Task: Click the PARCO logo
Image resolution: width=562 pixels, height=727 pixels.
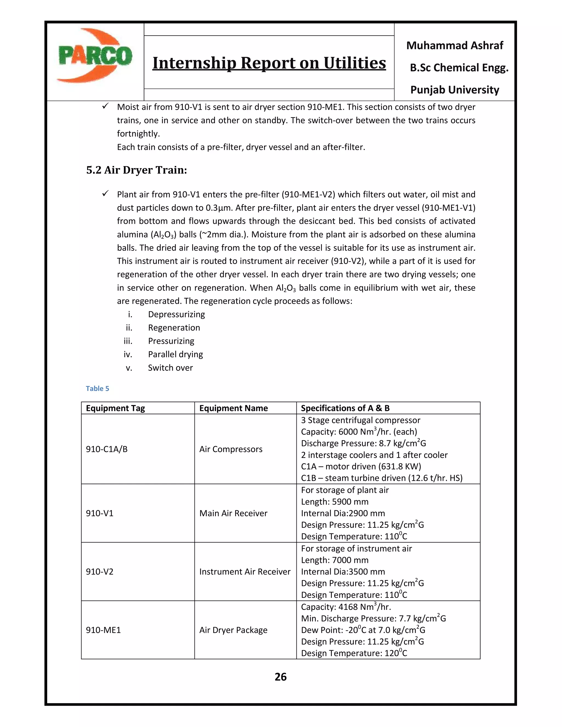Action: (95, 56)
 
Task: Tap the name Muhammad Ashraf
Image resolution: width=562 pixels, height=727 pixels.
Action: (454, 45)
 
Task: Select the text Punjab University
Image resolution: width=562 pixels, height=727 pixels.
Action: (454, 90)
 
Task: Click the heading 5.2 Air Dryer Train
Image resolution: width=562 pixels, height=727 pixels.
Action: (136, 170)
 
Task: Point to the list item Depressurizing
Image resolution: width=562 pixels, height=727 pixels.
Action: (176, 315)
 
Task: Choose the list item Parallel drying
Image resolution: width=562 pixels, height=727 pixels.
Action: (175, 354)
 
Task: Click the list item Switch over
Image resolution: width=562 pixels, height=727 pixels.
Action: (170, 368)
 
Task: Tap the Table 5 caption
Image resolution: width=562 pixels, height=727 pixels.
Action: (97, 388)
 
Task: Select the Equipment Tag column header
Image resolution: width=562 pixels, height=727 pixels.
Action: (115, 408)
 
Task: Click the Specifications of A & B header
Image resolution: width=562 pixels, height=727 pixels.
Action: (345, 408)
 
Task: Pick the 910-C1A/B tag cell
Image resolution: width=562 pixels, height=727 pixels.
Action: (106, 449)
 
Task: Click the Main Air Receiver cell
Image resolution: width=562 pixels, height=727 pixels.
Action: (233, 513)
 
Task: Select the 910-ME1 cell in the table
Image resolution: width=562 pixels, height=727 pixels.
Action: (103, 630)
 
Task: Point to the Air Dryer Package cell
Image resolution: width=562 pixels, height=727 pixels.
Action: (233, 630)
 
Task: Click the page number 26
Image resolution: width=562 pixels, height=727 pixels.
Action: (280, 677)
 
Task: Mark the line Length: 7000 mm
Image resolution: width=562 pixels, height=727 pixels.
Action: (334, 560)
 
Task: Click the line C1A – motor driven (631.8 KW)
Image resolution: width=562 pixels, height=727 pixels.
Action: (361, 466)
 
